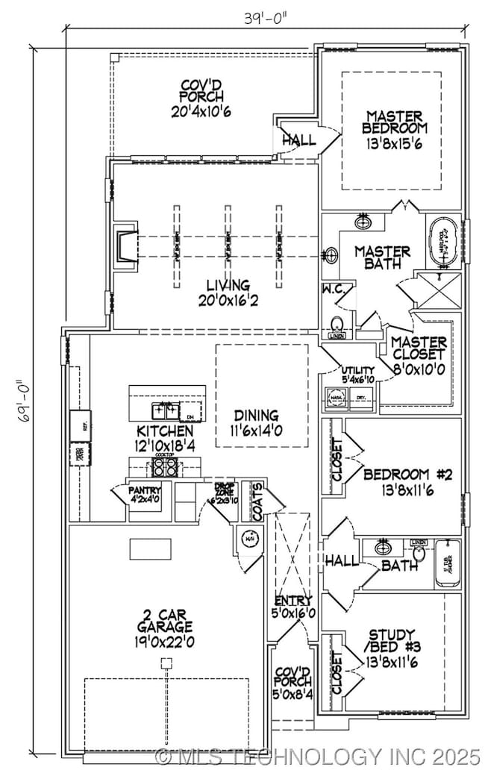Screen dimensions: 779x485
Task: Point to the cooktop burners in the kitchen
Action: tap(165, 467)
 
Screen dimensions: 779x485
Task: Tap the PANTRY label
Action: tap(145, 490)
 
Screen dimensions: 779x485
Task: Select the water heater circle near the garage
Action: tap(248, 539)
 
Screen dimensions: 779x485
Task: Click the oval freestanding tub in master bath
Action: tap(442, 242)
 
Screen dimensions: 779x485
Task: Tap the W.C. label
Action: tap(332, 288)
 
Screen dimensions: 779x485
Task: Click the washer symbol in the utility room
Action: tap(335, 399)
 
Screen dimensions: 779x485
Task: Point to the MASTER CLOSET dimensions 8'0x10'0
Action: tap(419, 369)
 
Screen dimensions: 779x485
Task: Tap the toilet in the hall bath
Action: tap(419, 552)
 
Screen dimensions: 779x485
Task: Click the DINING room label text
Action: tap(256, 416)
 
